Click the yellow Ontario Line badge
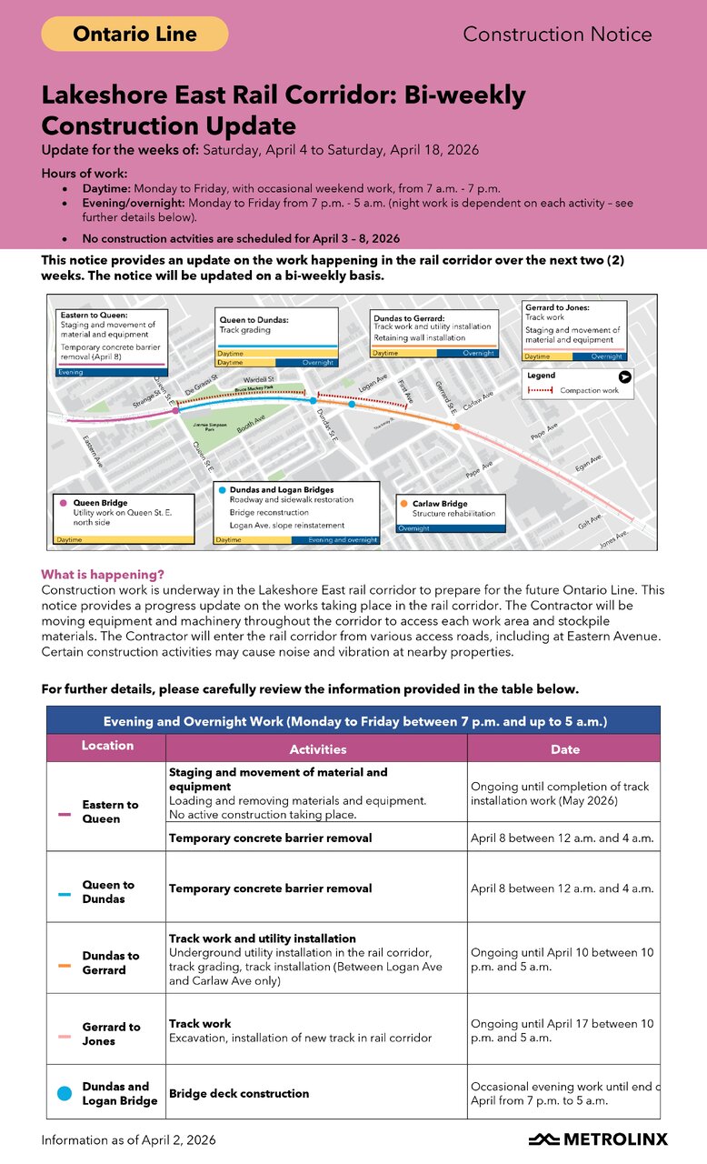pyautogui.click(x=134, y=34)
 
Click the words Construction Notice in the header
pyautogui.click(x=557, y=35)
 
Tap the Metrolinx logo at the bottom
pyautogui.click(x=598, y=1139)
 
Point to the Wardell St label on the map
pyautogui.click(x=258, y=379)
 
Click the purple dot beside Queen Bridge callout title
pyautogui.click(x=63, y=503)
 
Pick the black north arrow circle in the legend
pyautogui.click(x=624, y=376)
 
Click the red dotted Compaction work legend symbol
pyautogui.click(x=540, y=390)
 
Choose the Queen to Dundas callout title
pyautogui.click(x=255, y=319)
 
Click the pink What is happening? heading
pyautogui.click(x=103, y=575)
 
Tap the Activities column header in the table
pyautogui.click(x=317, y=749)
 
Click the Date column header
pyautogui.click(x=565, y=749)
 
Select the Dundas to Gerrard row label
pyautogui.click(x=111, y=963)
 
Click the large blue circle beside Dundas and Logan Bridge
pyautogui.click(x=64, y=1093)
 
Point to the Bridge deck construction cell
pyautogui.click(x=239, y=1093)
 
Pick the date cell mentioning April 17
pyautogui.click(x=562, y=1030)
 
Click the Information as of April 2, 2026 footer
pyautogui.click(x=128, y=1139)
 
